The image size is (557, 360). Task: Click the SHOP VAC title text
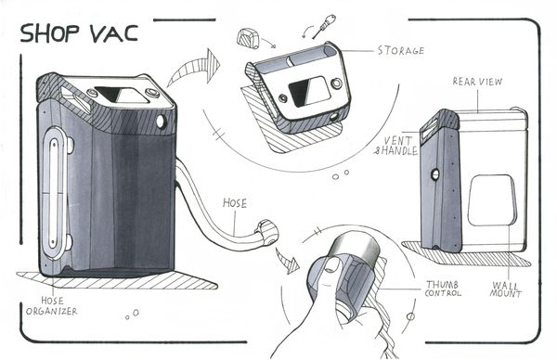point(79,33)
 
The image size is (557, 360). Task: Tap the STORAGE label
point(401,50)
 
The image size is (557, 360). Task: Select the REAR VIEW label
point(477,82)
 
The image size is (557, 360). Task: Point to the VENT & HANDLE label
point(396,146)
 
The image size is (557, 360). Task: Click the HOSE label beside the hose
point(235,203)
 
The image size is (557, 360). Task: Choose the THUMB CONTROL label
point(443,289)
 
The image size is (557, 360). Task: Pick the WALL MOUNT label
point(505,289)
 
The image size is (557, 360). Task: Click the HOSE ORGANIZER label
point(52,306)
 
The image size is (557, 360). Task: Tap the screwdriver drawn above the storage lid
point(324,26)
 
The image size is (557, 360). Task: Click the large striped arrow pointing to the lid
point(195,69)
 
